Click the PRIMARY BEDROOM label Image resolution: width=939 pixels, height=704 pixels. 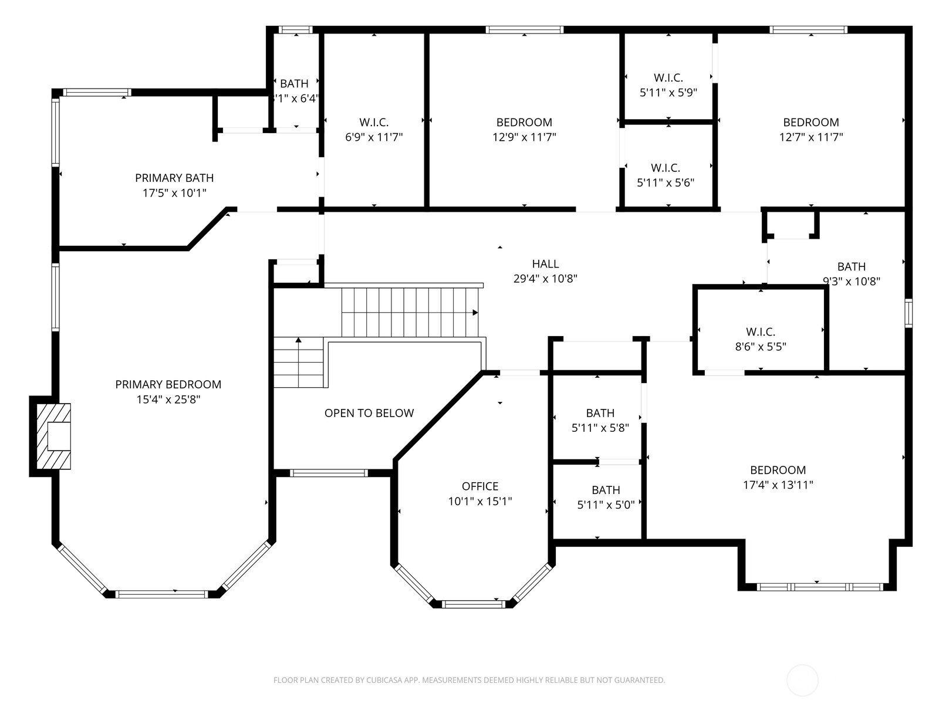[x=168, y=384]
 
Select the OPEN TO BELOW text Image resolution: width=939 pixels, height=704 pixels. [x=369, y=413]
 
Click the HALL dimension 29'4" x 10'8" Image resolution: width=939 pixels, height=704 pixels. [x=545, y=279]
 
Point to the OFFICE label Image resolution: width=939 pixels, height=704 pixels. [x=479, y=486]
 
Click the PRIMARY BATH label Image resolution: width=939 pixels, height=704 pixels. [x=174, y=178]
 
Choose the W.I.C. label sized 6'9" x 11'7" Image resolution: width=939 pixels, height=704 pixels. [x=374, y=122]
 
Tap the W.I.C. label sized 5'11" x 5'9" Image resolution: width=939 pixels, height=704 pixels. [x=668, y=77]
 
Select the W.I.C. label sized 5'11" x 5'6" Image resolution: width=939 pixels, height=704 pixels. [x=665, y=168]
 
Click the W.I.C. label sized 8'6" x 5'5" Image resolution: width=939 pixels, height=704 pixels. [x=761, y=331]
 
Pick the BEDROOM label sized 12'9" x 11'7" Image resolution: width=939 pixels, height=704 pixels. [x=524, y=122]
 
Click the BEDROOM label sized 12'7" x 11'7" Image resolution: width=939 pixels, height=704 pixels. [x=810, y=122]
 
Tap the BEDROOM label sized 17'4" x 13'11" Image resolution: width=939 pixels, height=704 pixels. [x=778, y=470]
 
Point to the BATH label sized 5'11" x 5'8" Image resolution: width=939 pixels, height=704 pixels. [x=600, y=413]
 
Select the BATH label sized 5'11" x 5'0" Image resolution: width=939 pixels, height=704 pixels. [x=606, y=490]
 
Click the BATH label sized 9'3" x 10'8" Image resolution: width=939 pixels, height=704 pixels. [x=851, y=266]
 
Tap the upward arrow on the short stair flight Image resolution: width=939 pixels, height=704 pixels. [x=298, y=340]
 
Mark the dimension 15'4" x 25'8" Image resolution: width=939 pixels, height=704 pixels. [x=168, y=400]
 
